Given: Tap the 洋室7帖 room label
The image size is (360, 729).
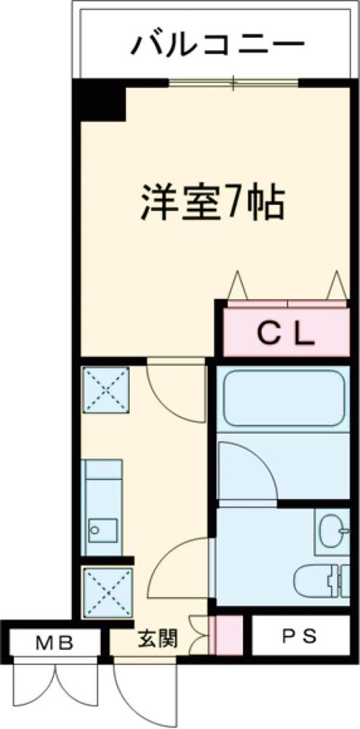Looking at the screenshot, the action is click(x=213, y=204).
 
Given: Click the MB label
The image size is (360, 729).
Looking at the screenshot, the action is click(x=55, y=643).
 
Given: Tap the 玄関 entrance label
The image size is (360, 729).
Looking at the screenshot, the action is click(x=158, y=640).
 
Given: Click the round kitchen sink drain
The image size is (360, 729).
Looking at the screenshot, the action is click(x=96, y=529).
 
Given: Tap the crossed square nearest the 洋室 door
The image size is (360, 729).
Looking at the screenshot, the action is click(x=106, y=390).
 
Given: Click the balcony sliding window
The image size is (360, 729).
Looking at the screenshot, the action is click(x=233, y=84).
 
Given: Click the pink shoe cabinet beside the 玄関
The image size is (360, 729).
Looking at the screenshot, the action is click(x=226, y=635).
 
